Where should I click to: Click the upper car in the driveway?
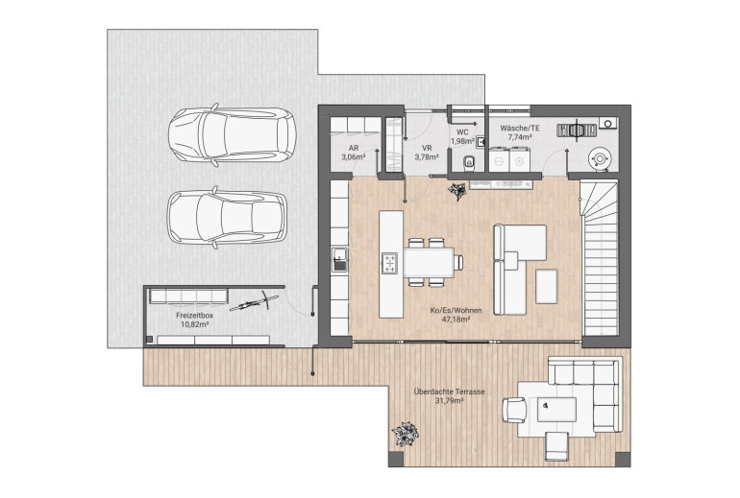click(233, 134)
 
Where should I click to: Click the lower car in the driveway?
click(228, 217)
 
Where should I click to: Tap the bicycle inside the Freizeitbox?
click(254, 302)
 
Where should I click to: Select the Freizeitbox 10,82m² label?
click(194, 320)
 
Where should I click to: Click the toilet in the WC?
click(469, 162)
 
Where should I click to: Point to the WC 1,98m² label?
click(462, 136)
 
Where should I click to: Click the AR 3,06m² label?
click(354, 153)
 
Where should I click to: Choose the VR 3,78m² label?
click(427, 153)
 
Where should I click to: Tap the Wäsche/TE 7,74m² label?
click(520, 132)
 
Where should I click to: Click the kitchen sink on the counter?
click(340, 260)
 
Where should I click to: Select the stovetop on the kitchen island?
click(389, 263)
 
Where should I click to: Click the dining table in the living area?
click(429, 262)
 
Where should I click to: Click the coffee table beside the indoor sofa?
click(546, 286)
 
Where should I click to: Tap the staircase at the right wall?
click(600, 258)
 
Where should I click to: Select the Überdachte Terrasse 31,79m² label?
click(449, 396)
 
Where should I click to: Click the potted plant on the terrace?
click(405, 434)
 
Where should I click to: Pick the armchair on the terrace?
click(514, 410)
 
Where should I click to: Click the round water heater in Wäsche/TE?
click(600, 158)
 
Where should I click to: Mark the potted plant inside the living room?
click(456, 191)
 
